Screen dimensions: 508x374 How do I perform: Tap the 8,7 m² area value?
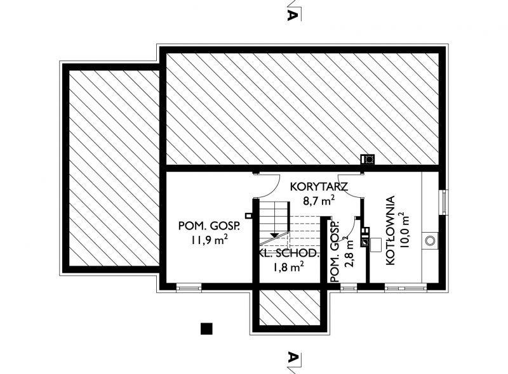tap(319, 200)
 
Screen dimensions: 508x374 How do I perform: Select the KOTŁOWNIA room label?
tap(391, 230)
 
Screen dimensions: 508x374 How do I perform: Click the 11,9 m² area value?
tap(210, 240)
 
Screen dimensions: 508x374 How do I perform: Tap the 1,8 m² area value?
tap(288, 268)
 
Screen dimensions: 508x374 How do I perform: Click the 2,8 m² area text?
tap(349, 252)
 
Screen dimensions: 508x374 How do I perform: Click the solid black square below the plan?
tap(206, 329)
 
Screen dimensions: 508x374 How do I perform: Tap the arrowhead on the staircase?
tap(274, 235)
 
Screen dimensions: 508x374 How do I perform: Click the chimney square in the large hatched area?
tap(368, 159)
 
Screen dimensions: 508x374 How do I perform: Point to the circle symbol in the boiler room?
tap(430, 241)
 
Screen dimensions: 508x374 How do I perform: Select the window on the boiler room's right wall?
tap(443, 202)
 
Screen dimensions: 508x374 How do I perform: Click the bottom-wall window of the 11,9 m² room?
tap(189, 287)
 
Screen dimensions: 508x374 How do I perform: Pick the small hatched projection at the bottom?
tap(290, 307)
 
